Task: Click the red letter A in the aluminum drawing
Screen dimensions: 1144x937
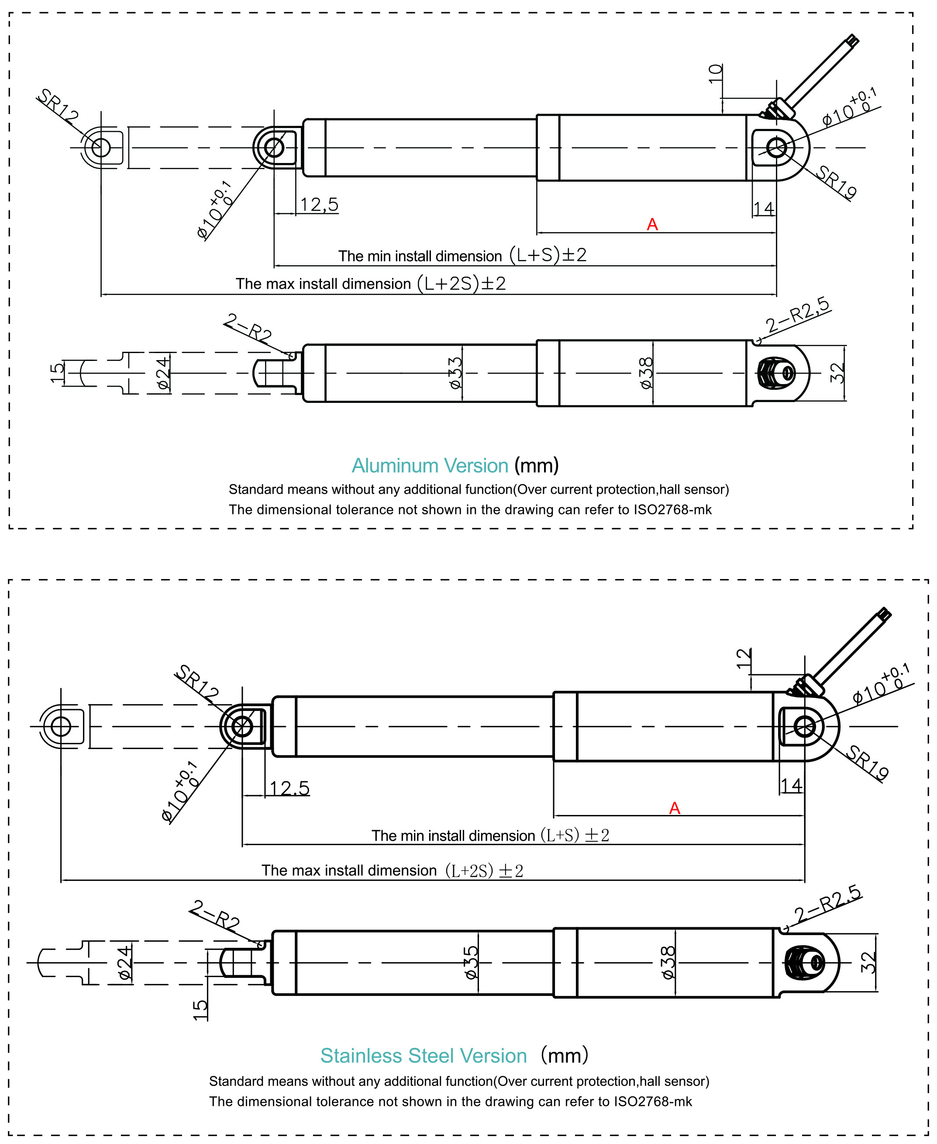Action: pos(652,224)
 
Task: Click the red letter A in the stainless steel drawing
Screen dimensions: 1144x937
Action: pos(674,808)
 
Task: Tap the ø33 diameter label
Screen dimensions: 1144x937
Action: pos(455,373)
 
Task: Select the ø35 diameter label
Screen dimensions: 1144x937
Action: pos(471,963)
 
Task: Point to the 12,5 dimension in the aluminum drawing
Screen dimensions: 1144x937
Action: pos(319,205)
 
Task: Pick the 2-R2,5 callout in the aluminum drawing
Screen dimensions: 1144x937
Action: pos(798,315)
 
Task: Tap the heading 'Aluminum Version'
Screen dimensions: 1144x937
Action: pos(430,465)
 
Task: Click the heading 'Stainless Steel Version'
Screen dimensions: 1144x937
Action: pos(423,1055)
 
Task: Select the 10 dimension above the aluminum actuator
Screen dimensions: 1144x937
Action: pos(716,73)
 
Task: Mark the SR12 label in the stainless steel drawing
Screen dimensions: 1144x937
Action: pos(197,682)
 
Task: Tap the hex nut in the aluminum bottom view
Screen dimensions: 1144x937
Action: pos(772,373)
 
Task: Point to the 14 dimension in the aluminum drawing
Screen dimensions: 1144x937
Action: pos(763,208)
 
